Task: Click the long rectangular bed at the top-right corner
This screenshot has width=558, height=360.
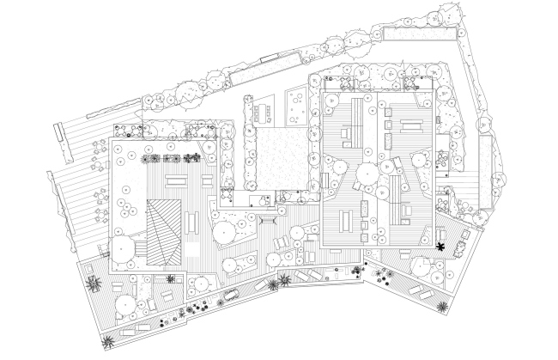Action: pyautogui.click(x=418, y=34)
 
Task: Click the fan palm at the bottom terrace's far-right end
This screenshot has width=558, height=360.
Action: pyautogui.click(x=440, y=306)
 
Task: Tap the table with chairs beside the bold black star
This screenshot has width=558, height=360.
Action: pyautogui.click(x=459, y=248)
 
